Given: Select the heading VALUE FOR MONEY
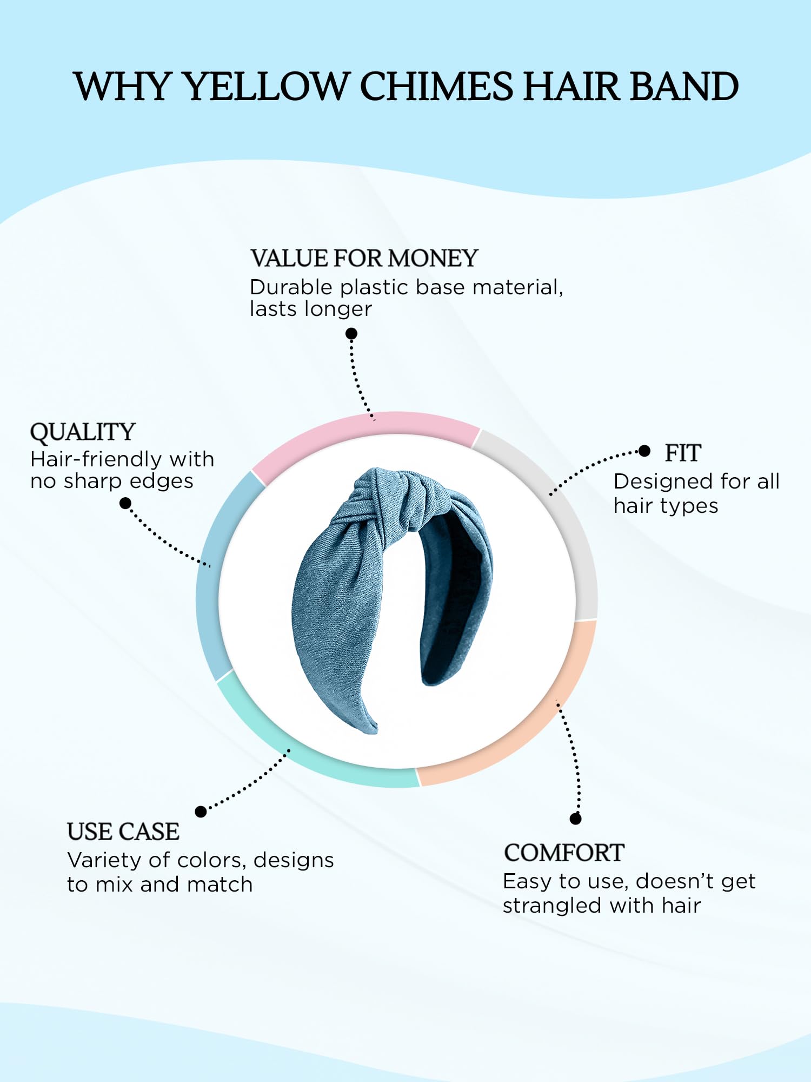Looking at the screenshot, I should point(364,258).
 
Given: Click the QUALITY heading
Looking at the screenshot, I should point(82,432).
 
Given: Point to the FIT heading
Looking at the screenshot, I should point(683,453).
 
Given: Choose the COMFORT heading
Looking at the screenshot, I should point(564,853).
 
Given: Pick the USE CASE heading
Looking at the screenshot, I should point(123,832).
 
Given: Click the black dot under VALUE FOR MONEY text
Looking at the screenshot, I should point(351,333).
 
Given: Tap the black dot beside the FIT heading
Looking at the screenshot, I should point(644,451).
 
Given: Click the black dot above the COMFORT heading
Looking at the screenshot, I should point(575,819).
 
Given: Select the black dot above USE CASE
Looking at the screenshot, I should point(201,811).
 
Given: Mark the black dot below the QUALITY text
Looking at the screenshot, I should point(125,503).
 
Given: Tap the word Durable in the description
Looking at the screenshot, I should point(290,287).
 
